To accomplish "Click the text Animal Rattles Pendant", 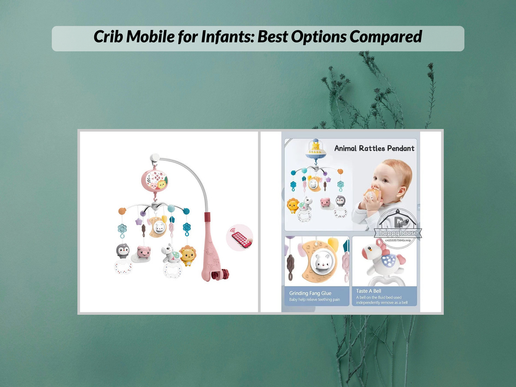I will click(374, 148).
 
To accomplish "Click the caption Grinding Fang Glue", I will click(311, 293).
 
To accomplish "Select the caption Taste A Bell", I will click(369, 291).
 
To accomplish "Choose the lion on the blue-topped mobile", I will click(292, 205).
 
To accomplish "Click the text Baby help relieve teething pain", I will click(314, 300).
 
